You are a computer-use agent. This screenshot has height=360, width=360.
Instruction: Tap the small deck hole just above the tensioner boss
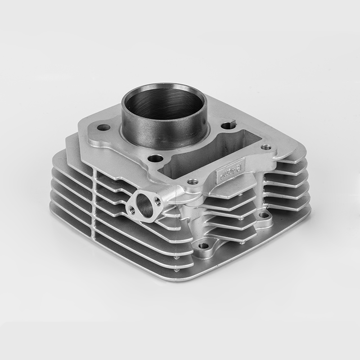(x=193, y=182)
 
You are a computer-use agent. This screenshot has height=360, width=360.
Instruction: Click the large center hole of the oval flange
(x=144, y=203)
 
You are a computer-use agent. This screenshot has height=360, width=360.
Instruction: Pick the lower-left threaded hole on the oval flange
(x=132, y=208)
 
